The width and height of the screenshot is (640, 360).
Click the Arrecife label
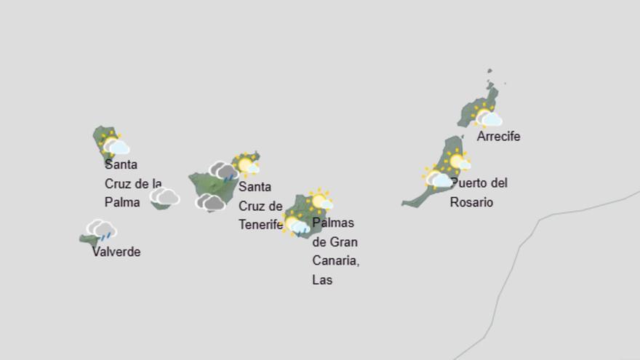498,137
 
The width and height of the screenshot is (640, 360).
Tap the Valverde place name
116,252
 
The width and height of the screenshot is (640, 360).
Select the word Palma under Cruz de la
122,203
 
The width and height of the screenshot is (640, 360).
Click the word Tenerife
260,225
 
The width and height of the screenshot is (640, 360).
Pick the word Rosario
471,202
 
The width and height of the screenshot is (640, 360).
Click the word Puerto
470,183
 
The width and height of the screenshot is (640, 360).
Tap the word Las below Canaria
321,280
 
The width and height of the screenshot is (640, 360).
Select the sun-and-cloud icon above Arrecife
487,116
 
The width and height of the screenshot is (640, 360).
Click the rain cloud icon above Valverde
102,231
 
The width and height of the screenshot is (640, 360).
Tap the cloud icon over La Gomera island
165,196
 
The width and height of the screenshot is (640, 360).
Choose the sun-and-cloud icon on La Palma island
115,145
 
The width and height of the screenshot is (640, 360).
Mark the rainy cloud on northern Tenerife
224,172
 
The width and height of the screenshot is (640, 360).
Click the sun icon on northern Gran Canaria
320,200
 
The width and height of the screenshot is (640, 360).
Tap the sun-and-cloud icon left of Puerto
437,177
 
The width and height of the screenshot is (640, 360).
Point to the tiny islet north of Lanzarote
490,72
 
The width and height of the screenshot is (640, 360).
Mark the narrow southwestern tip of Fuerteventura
407,204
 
